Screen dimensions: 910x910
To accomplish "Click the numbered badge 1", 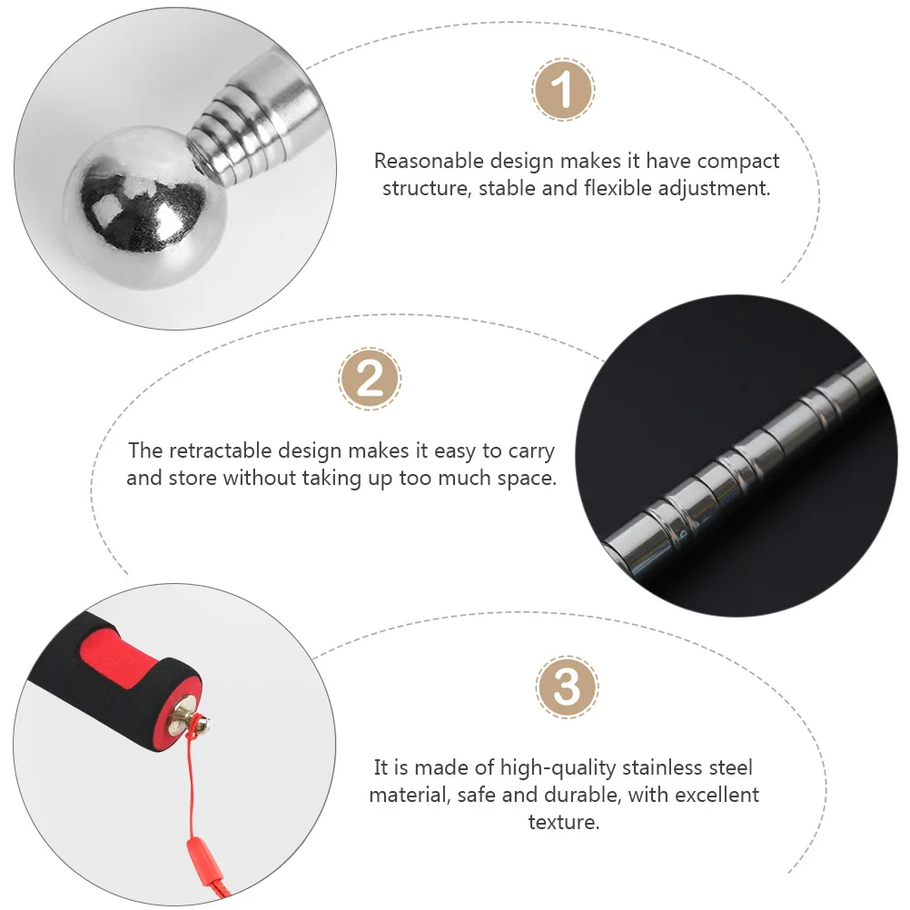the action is coord(563,89).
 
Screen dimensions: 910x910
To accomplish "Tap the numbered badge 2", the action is coord(370,379).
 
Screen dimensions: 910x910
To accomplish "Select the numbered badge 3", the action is coord(567,687).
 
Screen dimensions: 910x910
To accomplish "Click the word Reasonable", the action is coord(429,161).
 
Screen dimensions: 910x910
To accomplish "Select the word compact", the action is coord(738,162).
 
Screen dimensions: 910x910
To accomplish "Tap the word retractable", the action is coord(221,450).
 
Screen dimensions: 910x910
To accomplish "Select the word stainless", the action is coord(662,767).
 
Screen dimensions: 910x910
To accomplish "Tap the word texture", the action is coord(563,822).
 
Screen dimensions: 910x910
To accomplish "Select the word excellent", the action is coord(714,794).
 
